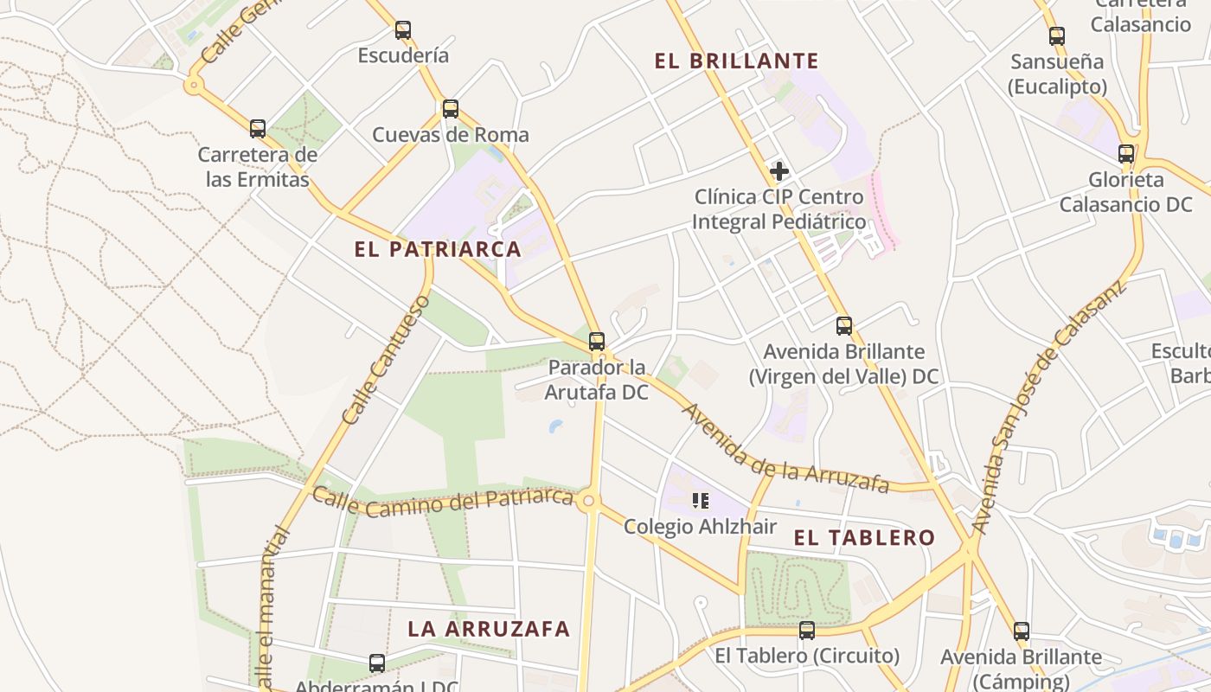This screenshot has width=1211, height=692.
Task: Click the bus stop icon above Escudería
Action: pos(403,30)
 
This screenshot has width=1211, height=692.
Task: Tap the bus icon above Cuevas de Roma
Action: pos(451,109)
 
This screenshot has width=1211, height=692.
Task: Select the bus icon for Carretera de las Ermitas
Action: pos(258,129)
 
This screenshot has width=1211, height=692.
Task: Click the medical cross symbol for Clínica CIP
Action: pos(779,171)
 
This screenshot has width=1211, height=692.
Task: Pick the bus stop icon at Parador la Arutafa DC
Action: pos(597,342)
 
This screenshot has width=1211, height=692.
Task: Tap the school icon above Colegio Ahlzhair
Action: pos(701,501)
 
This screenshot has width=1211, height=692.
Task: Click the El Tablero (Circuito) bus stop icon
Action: pos(807,631)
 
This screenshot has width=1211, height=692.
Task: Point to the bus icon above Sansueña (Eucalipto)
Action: pos(1057,36)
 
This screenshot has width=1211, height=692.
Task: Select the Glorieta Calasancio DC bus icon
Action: pos(1126,154)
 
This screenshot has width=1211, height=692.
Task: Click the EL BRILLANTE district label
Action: pos(736,61)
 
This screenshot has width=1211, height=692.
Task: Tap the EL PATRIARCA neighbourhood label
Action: pos(438,250)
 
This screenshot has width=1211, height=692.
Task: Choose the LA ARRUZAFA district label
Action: pos(489,630)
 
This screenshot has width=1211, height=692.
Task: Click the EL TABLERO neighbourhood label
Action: pos(864,538)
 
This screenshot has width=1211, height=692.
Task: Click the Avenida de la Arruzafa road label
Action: pos(785,449)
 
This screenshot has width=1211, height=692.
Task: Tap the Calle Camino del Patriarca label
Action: pos(442,501)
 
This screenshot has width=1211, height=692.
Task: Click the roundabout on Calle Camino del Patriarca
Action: pos(591,501)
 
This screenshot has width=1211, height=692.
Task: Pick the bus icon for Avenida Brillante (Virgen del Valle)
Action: pos(844,326)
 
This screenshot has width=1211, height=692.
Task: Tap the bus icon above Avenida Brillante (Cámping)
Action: pos(1022,631)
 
